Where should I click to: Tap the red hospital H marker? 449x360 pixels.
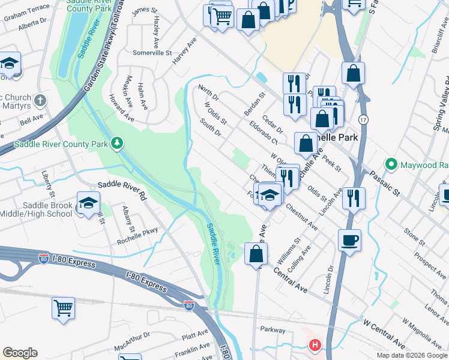pos(315,345)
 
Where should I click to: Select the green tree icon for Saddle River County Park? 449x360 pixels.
pos(118,143)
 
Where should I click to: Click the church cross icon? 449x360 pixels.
pos(40,100)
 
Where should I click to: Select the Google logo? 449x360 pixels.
pos(20,353)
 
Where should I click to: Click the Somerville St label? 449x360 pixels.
pos(151,53)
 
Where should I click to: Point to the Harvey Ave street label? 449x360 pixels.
pos(184,53)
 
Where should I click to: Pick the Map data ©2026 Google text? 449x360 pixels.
pos(411,355)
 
